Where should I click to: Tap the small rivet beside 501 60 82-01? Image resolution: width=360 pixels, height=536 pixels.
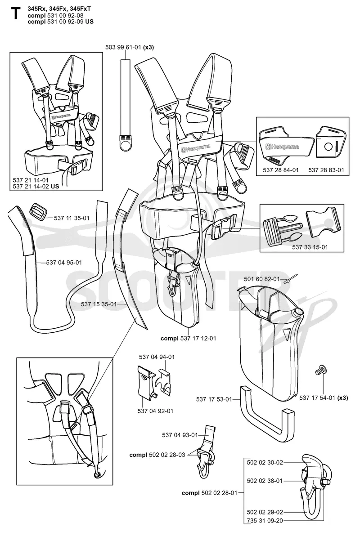point(287,280)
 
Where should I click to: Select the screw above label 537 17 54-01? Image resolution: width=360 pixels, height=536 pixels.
point(320,370)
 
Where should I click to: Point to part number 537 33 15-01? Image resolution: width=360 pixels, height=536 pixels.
point(310,247)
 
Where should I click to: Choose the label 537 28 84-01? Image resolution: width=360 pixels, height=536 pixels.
point(281,170)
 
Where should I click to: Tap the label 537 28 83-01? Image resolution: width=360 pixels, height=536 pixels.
point(326,170)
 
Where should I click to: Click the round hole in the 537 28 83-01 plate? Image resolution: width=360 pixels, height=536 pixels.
point(328,146)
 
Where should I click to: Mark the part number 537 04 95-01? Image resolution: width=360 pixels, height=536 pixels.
point(64,263)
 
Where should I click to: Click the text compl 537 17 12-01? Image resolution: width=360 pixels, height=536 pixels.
point(188,339)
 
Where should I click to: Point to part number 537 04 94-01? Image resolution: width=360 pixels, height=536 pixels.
point(157,357)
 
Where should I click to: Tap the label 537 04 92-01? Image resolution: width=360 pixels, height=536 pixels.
point(155,411)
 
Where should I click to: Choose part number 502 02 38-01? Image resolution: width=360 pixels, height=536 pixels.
point(265,481)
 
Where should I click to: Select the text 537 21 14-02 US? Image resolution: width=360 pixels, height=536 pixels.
point(36,186)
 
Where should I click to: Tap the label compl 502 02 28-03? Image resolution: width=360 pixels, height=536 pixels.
point(157,455)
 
